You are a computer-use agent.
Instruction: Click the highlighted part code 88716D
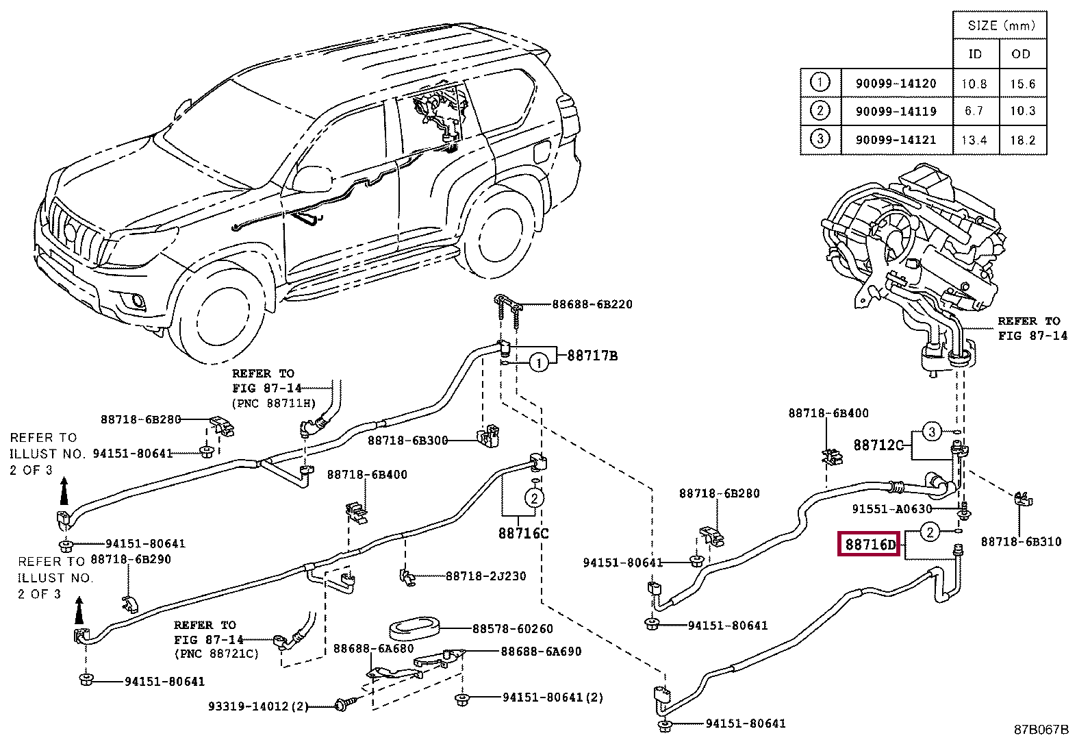point(870,544)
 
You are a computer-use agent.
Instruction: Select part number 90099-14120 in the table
point(896,84)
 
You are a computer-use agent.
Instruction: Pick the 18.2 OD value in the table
point(1022,140)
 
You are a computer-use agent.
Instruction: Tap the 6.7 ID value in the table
point(974,111)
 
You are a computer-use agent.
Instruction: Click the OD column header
point(1021,54)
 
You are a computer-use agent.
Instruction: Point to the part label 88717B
point(592,356)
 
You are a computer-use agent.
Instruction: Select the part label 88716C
point(523,533)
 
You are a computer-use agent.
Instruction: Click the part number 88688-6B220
point(592,304)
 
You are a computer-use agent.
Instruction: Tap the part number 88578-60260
point(513,629)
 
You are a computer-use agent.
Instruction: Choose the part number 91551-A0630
point(892,509)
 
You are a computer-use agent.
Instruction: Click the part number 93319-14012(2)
point(258,706)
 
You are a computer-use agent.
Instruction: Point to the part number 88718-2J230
point(486,576)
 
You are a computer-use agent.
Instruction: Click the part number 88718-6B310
point(1021,541)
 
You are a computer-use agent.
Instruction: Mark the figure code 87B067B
point(1041,729)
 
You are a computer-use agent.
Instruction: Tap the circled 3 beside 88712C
point(931,432)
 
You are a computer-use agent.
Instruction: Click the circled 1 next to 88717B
point(538,363)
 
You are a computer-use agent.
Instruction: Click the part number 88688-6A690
point(541,652)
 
